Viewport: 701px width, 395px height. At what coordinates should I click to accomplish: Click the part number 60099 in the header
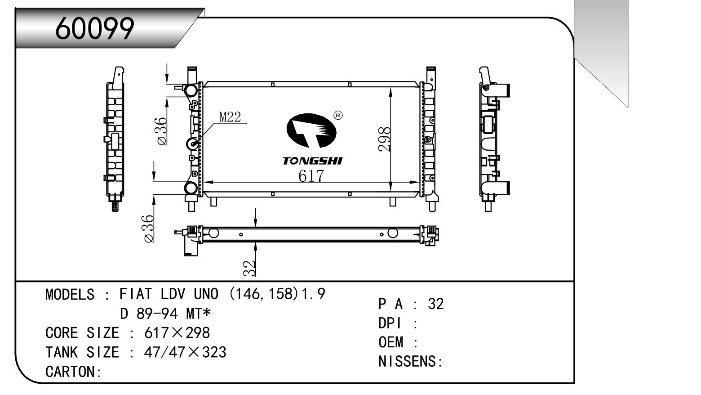94,28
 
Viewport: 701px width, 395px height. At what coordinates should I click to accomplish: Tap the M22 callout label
230,117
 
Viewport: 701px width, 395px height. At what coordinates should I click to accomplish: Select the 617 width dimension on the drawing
311,176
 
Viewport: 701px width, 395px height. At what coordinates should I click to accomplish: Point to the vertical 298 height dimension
385,139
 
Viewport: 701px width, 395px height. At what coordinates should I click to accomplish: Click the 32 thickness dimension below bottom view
249,269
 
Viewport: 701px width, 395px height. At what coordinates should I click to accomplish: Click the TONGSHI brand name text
313,161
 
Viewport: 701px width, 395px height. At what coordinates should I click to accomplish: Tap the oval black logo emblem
311,130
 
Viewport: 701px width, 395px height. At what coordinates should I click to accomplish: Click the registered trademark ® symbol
338,115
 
